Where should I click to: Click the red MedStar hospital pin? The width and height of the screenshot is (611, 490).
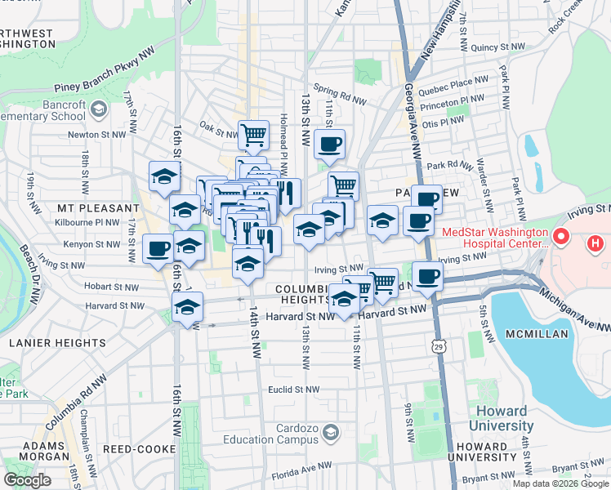(x=560, y=238)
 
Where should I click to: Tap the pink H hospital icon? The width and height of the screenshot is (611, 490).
(x=595, y=243)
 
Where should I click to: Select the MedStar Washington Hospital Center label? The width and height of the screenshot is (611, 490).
(x=494, y=238)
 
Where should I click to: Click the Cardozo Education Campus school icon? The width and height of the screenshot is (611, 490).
(x=331, y=431)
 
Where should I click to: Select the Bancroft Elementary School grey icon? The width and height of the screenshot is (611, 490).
(x=98, y=109)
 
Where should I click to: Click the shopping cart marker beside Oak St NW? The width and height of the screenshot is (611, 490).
(x=253, y=133)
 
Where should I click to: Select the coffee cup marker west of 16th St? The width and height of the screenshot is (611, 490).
(x=158, y=247)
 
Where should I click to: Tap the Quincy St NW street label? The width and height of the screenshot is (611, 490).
(x=498, y=48)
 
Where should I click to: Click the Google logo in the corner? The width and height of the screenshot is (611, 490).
(x=28, y=480)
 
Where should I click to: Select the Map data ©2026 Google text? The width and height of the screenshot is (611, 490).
(x=560, y=483)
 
